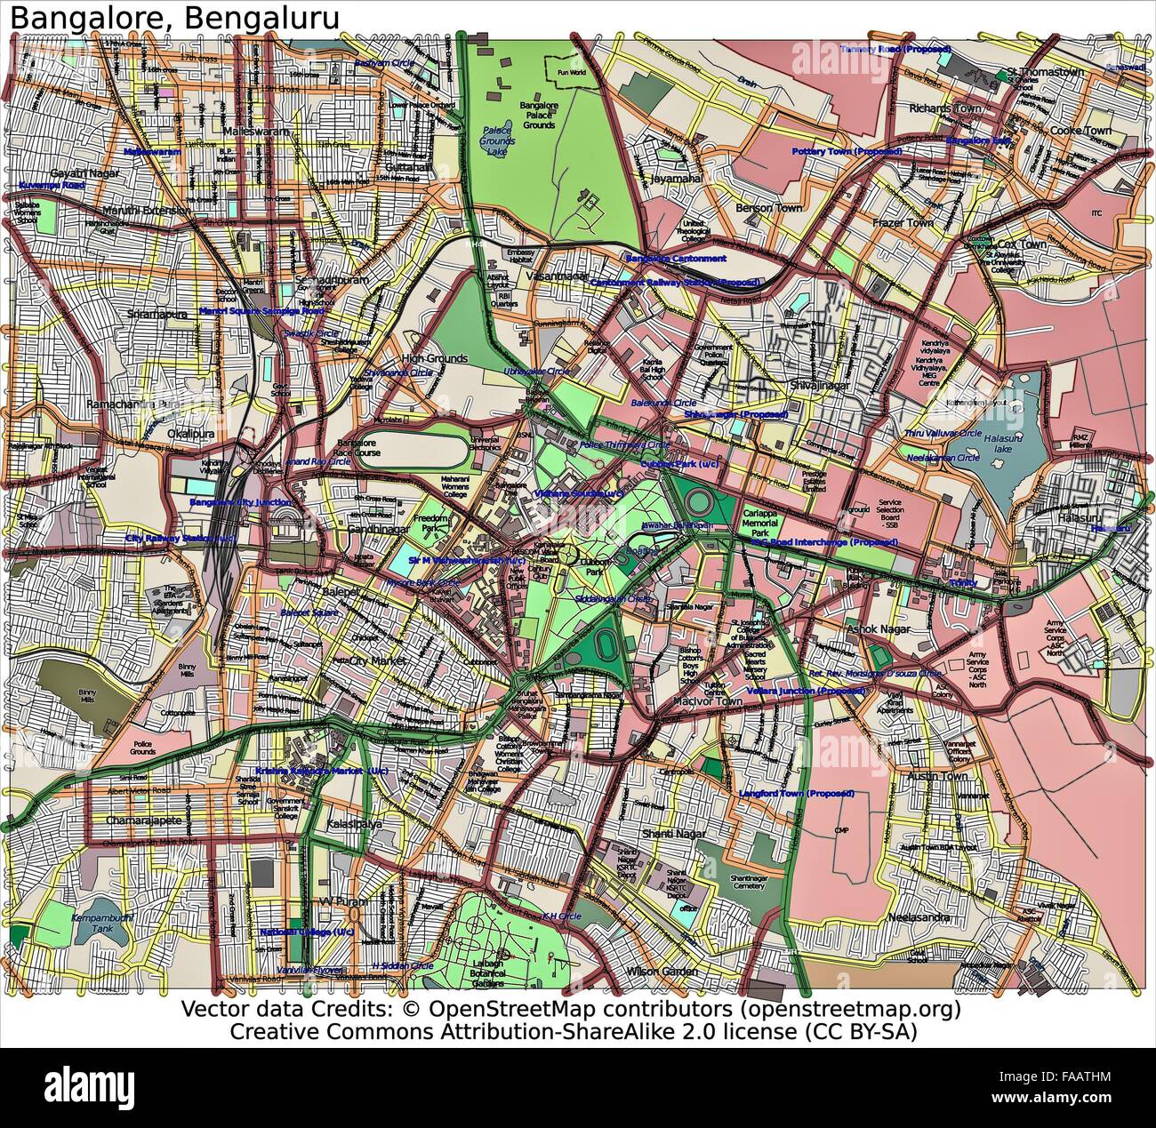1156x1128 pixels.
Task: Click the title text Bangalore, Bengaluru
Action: tap(171, 17)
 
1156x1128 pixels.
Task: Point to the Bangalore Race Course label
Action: tap(360, 447)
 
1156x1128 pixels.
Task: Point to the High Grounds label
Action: tap(434, 358)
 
